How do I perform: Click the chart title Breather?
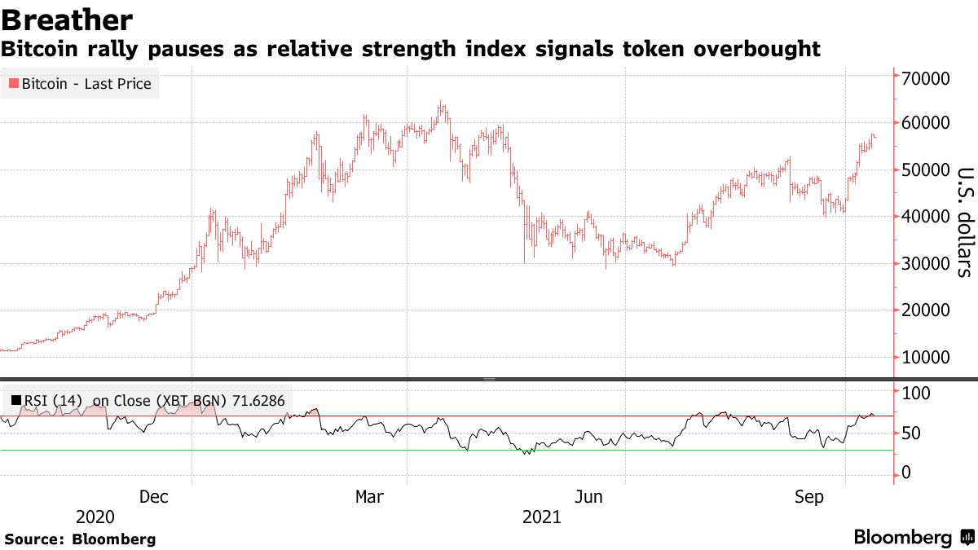[67, 20]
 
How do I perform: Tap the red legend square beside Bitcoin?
[13, 84]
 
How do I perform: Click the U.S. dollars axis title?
[963, 222]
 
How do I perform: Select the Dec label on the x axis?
[154, 497]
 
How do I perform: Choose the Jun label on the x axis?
[588, 497]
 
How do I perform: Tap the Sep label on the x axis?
[808, 497]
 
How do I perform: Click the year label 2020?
[95, 517]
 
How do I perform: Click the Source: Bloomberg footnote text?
[80, 539]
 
